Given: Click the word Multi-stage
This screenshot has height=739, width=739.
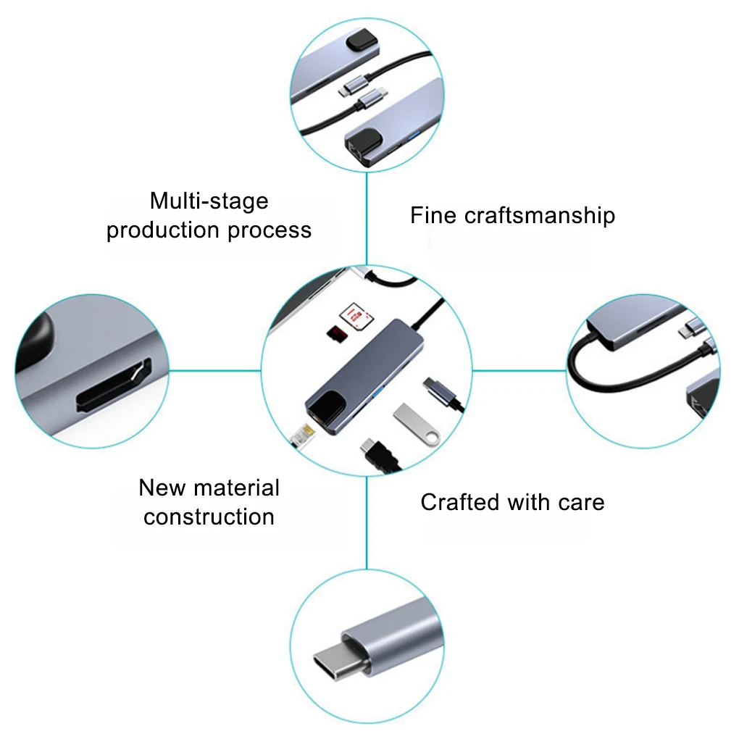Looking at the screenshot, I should (209, 201).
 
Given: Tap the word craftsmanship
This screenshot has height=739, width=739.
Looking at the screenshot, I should (540, 216).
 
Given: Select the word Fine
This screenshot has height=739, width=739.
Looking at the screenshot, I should (434, 215).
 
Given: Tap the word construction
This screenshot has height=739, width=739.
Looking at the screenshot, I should (209, 517).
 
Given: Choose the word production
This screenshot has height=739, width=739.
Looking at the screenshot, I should (163, 230).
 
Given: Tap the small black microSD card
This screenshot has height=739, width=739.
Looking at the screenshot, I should (336, 333).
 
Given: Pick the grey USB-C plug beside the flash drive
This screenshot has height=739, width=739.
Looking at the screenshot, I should (442, 392).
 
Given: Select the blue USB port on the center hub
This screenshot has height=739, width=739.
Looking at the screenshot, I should (377, 395).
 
